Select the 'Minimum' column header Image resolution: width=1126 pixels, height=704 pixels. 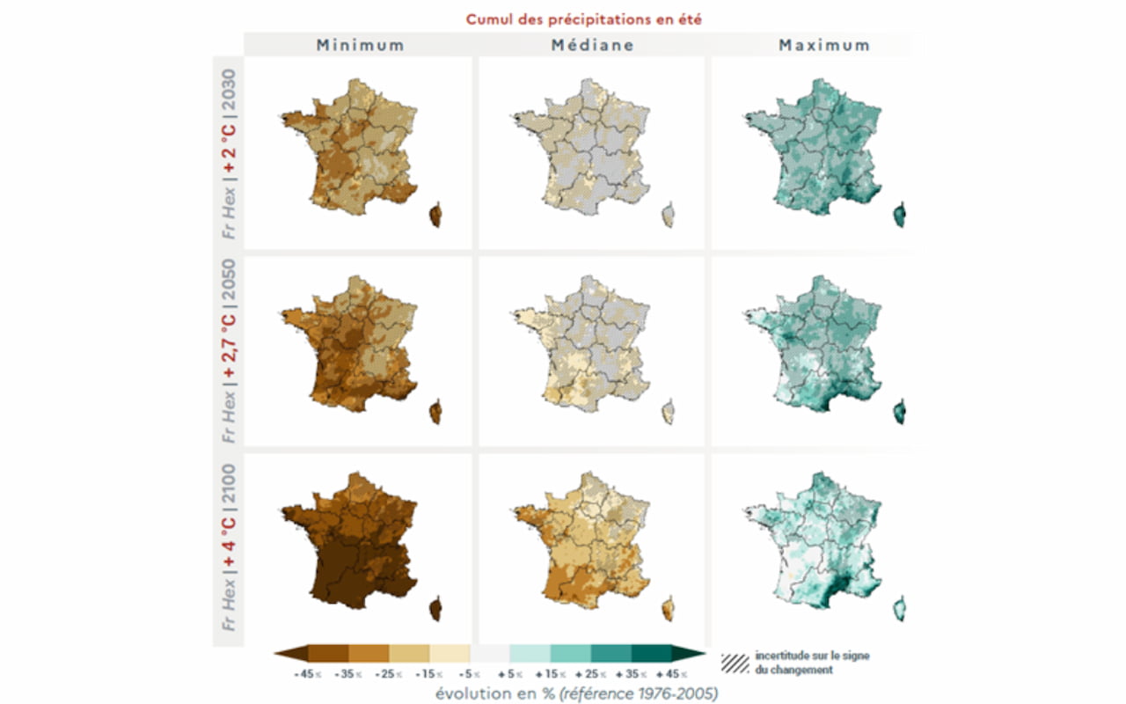[x=361, y=45]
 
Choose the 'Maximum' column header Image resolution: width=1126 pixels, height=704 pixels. [x=824, y=45]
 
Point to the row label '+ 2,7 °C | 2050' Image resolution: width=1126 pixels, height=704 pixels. [x=229, y=350]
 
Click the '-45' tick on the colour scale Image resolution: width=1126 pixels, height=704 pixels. [x=303, y=673]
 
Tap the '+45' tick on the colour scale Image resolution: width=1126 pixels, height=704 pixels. [x=669, y=673]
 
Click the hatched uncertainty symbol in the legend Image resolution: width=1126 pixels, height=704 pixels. [x=735, y=663]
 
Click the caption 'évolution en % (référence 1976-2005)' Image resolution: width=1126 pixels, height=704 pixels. [x=576, y=693]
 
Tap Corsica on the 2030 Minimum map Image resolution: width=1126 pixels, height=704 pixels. [x=435, y=214]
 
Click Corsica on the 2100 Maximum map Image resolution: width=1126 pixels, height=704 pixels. [x=899, y=608]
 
